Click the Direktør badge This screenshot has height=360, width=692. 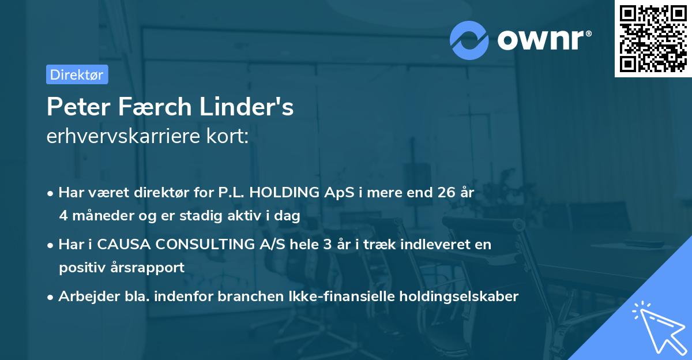(77, 74)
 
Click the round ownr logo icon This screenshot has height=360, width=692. (469, 39)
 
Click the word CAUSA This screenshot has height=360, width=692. (119, 245)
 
